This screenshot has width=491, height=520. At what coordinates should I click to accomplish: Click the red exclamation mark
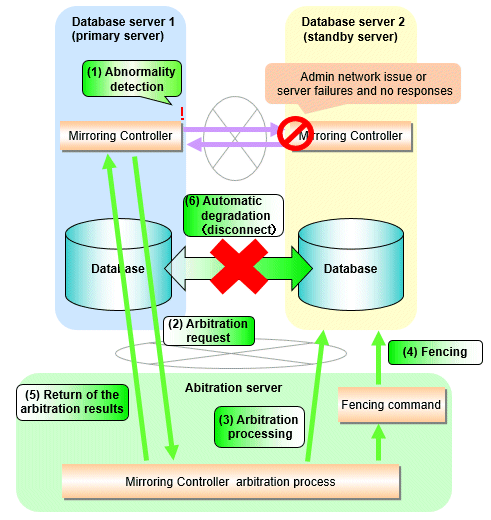182,114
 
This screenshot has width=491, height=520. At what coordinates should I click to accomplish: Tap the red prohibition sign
295,133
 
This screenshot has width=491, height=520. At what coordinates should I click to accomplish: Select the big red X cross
239,266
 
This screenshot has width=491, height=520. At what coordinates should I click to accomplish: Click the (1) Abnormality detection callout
132,79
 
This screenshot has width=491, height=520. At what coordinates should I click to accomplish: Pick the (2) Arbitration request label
209,331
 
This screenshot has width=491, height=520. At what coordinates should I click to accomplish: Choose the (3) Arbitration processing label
259,427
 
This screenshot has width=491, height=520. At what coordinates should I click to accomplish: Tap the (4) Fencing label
435,352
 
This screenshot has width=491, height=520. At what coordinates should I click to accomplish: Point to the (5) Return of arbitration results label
72,402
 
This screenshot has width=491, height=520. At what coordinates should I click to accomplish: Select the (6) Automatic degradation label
233,215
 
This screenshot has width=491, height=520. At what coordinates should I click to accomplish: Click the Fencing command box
392,405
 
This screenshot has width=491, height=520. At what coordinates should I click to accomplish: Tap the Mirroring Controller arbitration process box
231,481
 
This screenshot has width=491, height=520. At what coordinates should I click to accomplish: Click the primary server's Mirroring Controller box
121,136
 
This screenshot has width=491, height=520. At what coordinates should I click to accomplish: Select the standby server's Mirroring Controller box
350,136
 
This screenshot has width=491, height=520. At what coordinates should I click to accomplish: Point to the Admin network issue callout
363,84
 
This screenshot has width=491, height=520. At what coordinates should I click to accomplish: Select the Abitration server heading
233,388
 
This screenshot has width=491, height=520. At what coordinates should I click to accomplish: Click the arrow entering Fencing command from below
378,442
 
